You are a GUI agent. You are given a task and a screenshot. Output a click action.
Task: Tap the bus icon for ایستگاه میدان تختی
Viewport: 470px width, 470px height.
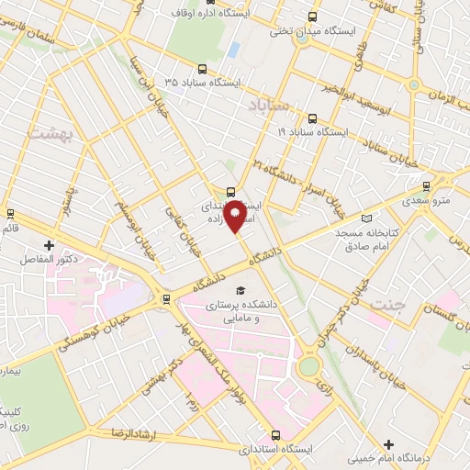pyautogui.click(x=313, y=17)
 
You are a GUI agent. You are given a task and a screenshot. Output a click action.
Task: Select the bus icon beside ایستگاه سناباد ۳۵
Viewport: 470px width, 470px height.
pyautogui.click(x=203, y=68)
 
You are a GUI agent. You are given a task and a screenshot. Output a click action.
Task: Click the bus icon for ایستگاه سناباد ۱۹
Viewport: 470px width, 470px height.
pyautogui.click(x=313, y=118)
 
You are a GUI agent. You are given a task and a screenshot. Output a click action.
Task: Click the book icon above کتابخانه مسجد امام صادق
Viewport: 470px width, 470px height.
pyautogui.click(x=368, y=218)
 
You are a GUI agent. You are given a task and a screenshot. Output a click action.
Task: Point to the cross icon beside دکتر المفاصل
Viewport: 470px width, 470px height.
pyautogui.click(x=49, y=245)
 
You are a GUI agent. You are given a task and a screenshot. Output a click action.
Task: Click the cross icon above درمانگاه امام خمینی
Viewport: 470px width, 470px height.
pyautogui.click(x=391, y=445)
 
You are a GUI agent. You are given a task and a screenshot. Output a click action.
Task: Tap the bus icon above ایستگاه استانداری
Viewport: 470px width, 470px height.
pyautogui.click(x=275, y=436)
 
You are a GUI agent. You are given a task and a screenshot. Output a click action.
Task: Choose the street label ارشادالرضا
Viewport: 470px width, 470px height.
pyautogui.click(x=135, y=431)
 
